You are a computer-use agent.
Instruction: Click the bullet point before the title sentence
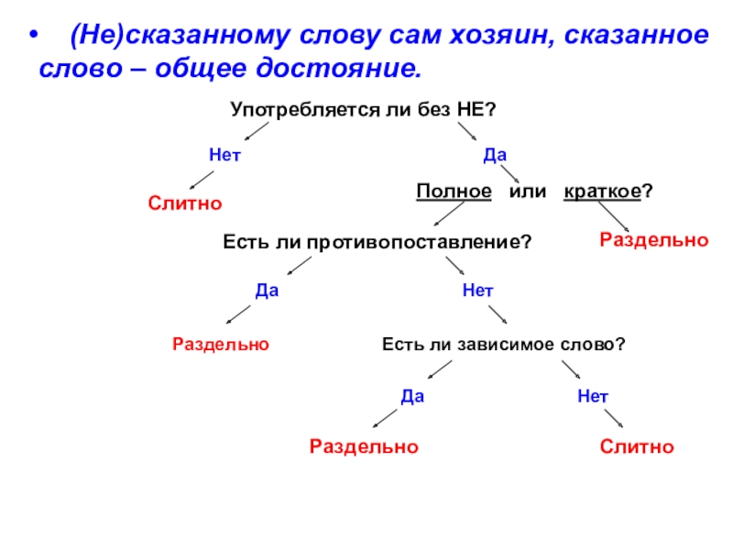34,38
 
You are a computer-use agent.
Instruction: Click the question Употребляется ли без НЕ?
363,109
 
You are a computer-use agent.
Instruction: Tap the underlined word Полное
454,192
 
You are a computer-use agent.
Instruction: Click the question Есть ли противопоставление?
377,243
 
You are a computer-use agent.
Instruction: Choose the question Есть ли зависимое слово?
503,345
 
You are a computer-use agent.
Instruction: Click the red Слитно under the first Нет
186,202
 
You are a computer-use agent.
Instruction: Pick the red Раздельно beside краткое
654,239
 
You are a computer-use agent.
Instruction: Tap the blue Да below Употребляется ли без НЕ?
496,156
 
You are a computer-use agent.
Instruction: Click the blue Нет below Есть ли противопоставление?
477,291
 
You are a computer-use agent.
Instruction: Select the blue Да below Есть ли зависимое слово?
413,397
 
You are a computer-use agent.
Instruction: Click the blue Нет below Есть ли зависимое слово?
593,397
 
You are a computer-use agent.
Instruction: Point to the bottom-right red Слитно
637,446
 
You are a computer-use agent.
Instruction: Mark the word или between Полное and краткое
528,192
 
